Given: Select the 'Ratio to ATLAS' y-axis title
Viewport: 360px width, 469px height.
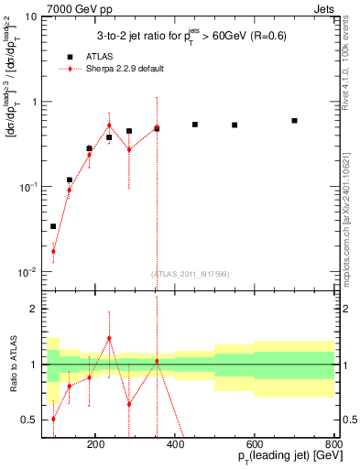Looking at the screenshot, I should click(x=14, y=364).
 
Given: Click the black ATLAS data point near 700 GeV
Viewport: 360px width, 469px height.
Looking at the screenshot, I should click(x=294, y=121).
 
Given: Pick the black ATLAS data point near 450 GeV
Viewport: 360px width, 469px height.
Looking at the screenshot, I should click(x=195, y=125).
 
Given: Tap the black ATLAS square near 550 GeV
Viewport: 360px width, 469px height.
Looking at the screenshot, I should click(x=235, y=125).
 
